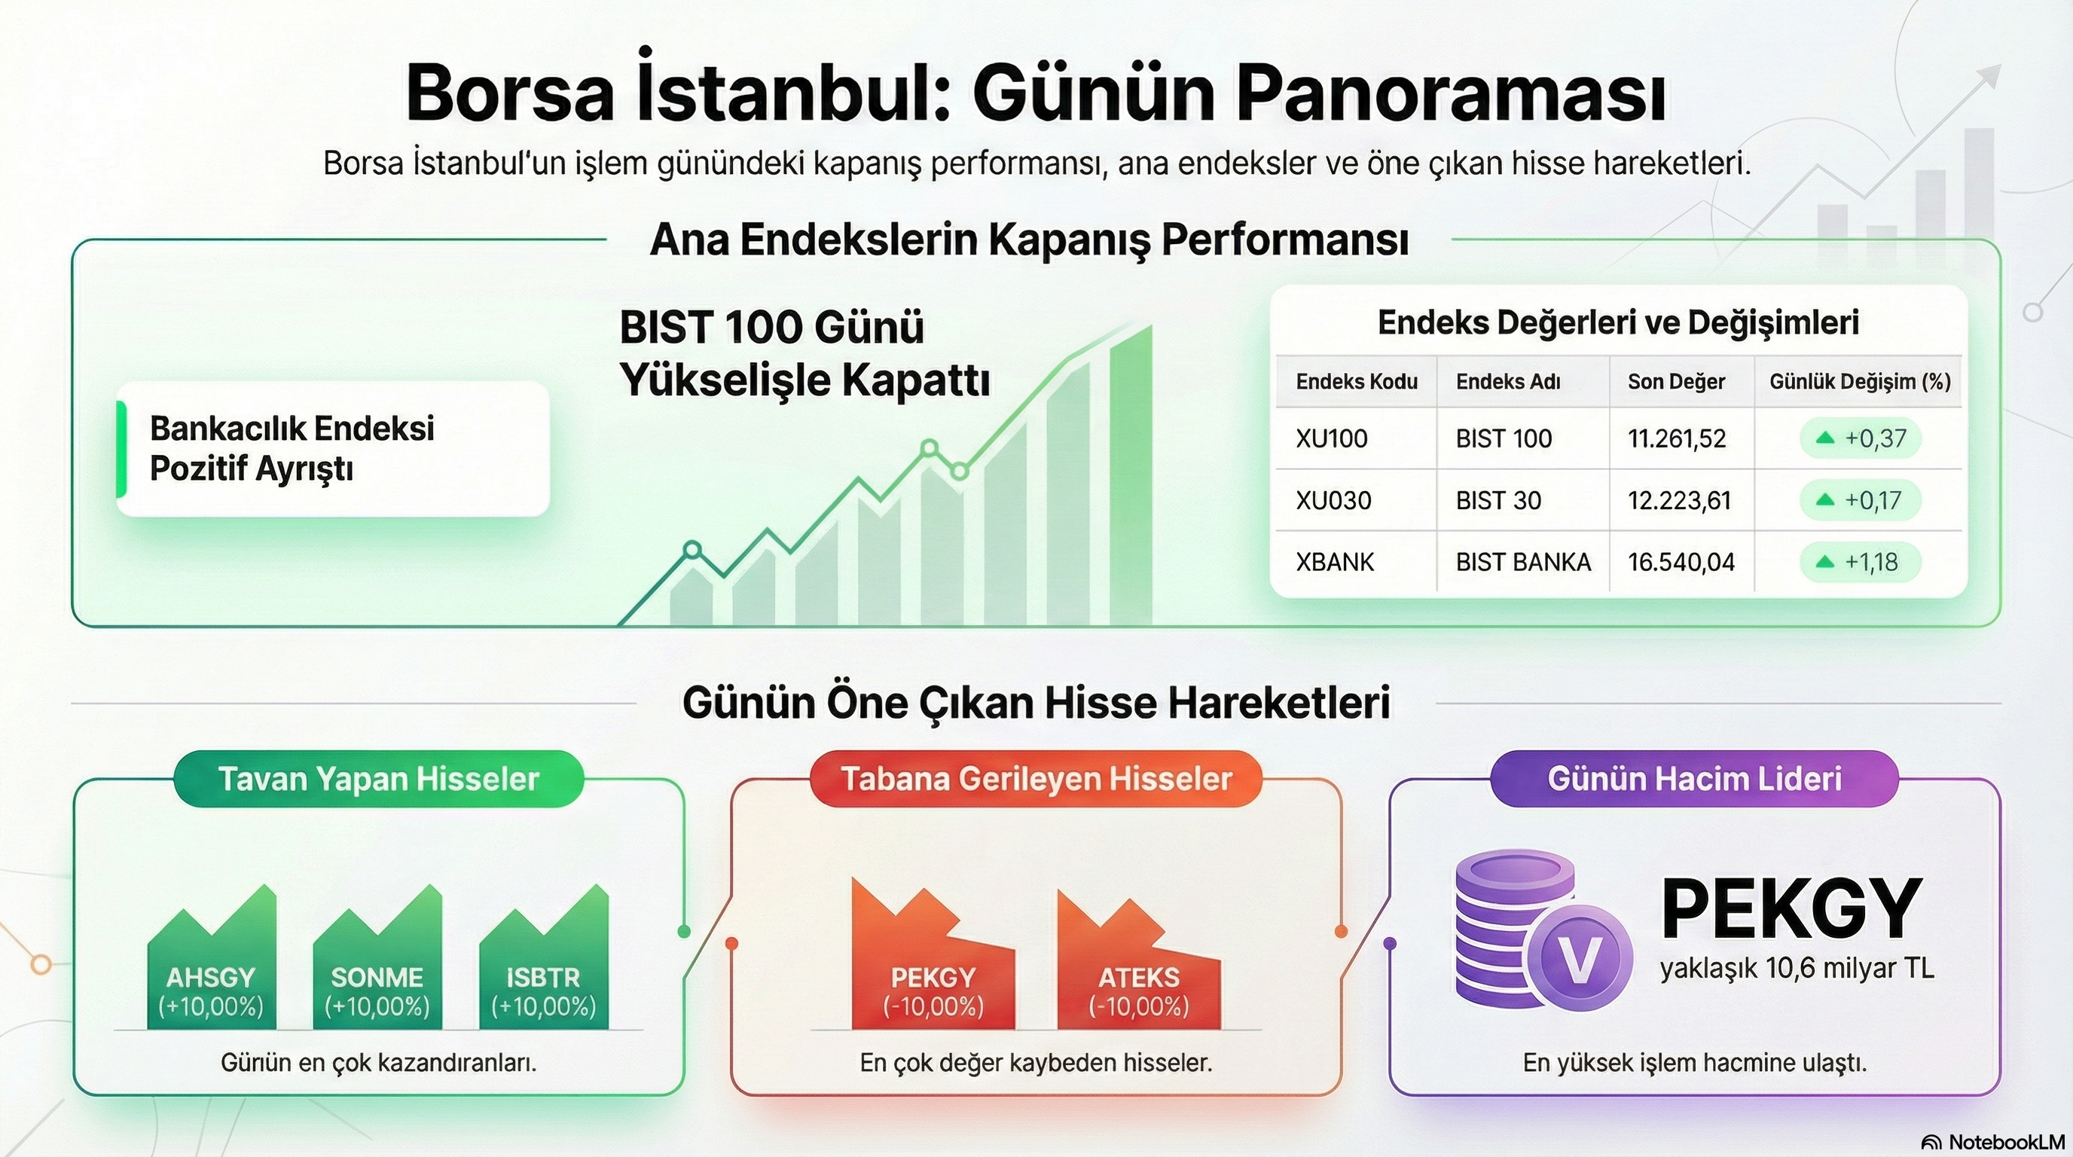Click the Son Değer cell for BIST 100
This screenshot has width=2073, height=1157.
[1676, 438]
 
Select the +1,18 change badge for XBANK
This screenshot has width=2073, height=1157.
[1860, 562]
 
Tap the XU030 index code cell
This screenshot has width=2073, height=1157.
[1333, 500]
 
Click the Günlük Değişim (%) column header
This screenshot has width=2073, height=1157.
[1860, 381]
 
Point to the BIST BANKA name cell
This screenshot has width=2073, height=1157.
[1522, 562]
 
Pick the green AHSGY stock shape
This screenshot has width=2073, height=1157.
[211, 966]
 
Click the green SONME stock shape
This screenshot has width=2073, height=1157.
[377, 966]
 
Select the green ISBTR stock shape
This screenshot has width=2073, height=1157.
[543, 966]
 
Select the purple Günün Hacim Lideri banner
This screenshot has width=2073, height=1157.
[1694, 779]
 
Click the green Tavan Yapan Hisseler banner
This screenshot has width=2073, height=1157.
[378, 779]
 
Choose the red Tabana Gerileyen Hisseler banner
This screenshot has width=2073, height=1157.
[1036, 779]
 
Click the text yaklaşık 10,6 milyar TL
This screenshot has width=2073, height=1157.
[1796, 968]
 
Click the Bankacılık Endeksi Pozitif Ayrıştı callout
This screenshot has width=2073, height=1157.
[333, 448]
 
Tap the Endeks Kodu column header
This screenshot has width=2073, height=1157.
[1356, 381]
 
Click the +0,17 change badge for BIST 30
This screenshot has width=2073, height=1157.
[1860, 500]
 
